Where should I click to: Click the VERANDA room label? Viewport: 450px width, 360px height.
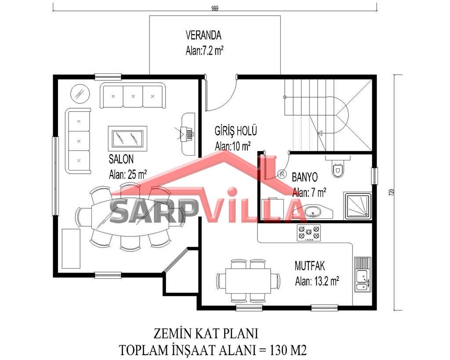coord(203,35)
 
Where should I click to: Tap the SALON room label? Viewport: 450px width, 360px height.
coord(121,159)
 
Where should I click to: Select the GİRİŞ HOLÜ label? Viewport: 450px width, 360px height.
coord(236,131)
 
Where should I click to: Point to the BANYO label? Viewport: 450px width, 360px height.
coord(305,177)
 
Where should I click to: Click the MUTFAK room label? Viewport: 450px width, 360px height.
coord(310,266)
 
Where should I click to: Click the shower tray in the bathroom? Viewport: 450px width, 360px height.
coord(358,206)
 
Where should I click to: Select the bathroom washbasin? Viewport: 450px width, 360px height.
coord(312,212)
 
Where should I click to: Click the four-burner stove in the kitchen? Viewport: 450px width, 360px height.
coord(309,233)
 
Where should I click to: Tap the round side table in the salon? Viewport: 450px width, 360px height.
coord(80,94)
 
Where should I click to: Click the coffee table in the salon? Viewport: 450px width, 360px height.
coord(128,138)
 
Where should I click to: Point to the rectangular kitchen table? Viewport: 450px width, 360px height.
coord(248,281)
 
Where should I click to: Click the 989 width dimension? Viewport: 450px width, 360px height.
coord(214,8)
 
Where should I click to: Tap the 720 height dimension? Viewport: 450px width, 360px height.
coord(392,192)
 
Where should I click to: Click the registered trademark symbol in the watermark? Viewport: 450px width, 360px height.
coord(282,174)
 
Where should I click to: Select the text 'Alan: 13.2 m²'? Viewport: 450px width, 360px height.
coord(317,281)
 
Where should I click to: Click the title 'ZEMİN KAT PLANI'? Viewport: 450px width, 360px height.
coord(206,334)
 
